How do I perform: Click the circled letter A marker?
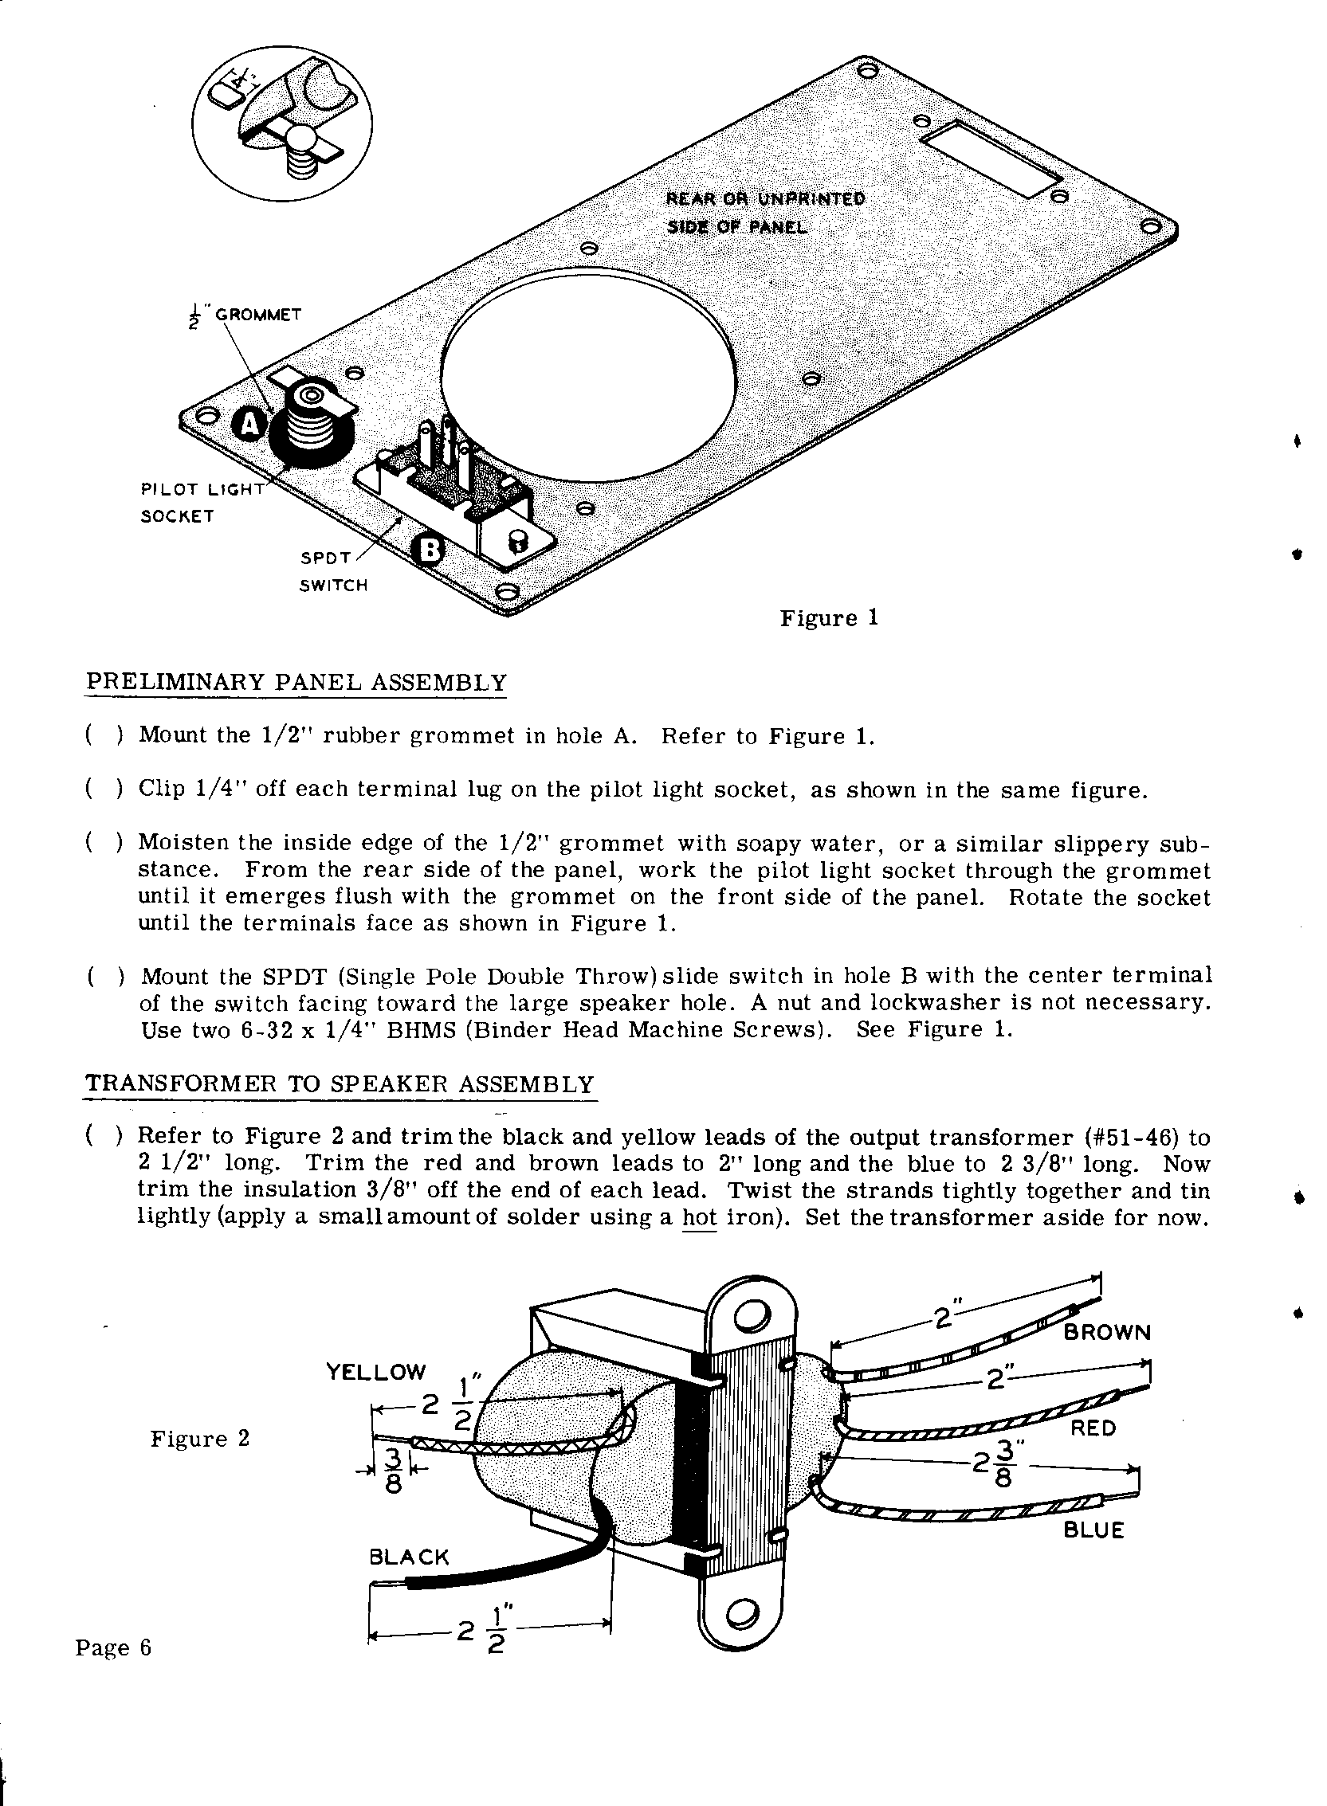[250, 425]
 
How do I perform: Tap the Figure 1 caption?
[829, 618]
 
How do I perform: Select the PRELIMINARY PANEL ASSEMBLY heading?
[296, 683]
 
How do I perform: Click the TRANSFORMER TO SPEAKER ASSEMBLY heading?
[340, 1084]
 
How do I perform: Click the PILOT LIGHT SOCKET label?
[201, 502]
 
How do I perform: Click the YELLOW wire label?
[376, 1371]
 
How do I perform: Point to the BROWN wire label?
[1107, 1333]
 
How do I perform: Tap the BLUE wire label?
[1093, 1530]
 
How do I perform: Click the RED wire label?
[1093, 1428]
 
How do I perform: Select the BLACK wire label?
[409, 1558]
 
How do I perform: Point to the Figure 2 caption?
[200, 1438]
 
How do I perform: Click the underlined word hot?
[698, 1217]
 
